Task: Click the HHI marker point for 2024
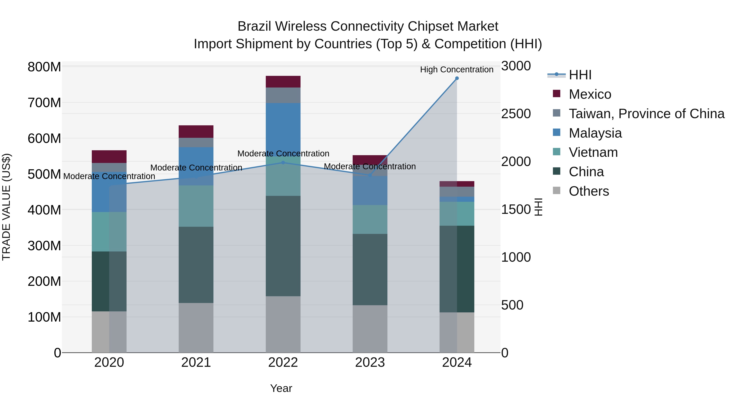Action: click(457, 78)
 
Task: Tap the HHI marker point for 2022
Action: click(283, 163)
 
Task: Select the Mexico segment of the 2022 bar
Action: click(283, 82)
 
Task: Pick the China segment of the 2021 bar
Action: click(196, 265)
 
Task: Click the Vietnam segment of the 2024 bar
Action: click(457, 214)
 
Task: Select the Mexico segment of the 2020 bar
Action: click(109, 157)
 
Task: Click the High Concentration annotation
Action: click(457, 70)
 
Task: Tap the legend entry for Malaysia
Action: click(595, 133)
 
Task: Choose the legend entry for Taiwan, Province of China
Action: click(646, 114)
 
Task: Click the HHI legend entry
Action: click(580, 75)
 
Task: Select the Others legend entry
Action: click(589, 191)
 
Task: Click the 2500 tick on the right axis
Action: click(516, 114)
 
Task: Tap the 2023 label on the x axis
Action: click(370, 362)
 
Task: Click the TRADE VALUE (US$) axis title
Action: click(6, 207)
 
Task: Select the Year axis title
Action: click(281, 388)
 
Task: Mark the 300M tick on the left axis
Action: click(44, 246)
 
